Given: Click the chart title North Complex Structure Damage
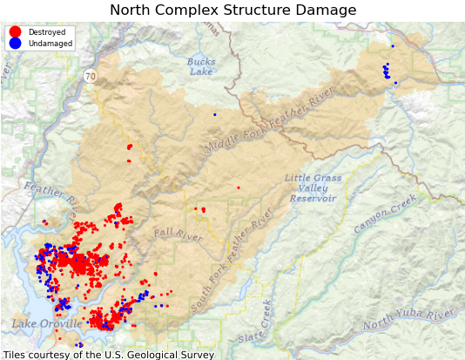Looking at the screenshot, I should click(232, 10).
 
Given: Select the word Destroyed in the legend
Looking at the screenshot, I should click(46, 32).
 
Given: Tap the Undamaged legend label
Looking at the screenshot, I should click(50, 44).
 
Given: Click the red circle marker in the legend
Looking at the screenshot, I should click(15, 32).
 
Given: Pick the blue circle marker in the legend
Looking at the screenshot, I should click(15, 44).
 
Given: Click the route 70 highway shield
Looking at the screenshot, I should click(91, 77).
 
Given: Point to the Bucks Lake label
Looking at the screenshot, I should click(201, 66).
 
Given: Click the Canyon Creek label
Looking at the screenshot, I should click(385, 214).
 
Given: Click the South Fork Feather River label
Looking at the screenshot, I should click(232, 260).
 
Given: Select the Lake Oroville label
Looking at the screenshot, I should click(47, 324).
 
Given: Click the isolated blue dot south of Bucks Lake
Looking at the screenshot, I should click(214, 114).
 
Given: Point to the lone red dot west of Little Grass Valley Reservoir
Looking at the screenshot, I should click(238, 187).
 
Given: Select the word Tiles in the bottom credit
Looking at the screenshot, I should click(15, 355).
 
